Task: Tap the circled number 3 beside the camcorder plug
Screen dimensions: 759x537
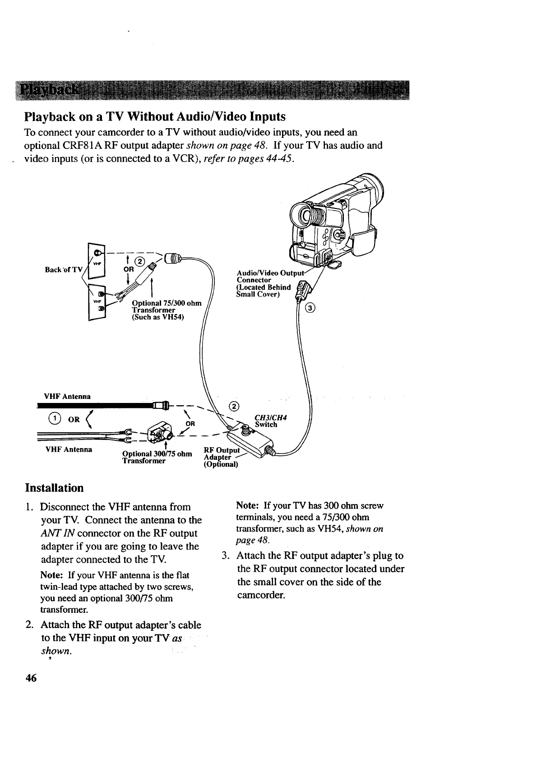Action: pyautogui.click(x=310, y=309)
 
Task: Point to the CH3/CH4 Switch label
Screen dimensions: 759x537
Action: pyautogui.click(x=270, y=421)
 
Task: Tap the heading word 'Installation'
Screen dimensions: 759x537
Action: pyautogui.click(x=54, y=488)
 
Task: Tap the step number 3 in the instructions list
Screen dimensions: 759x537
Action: pyautogui.click(x=226, y=555)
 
